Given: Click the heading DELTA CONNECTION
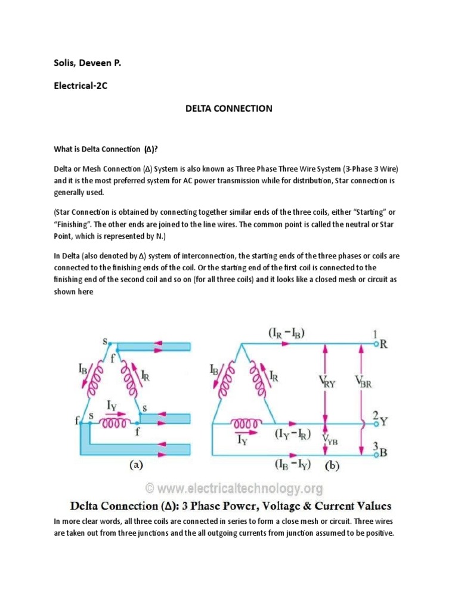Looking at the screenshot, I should click(x=229, y=109).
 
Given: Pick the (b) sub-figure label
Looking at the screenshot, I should click(x=332, y=465).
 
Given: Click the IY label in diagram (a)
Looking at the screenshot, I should click(x=112, y=406).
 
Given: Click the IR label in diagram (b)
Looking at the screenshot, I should click(x=274, y=376).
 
